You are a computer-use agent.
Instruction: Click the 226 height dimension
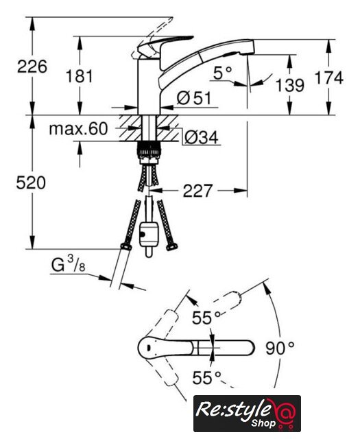point(32,67)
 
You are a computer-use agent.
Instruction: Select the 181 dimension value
point(80,76)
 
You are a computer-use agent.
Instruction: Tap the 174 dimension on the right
point(329,78)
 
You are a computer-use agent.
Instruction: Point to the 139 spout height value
point(290,85)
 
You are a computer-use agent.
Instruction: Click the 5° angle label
point(223,73)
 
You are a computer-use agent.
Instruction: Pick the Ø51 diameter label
point(194,98)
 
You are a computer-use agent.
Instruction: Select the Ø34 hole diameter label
point(202,137)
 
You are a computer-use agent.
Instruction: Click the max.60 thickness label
point(78,129)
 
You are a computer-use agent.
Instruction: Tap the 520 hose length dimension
point(31,183)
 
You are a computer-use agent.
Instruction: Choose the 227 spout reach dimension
point(197,191)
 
